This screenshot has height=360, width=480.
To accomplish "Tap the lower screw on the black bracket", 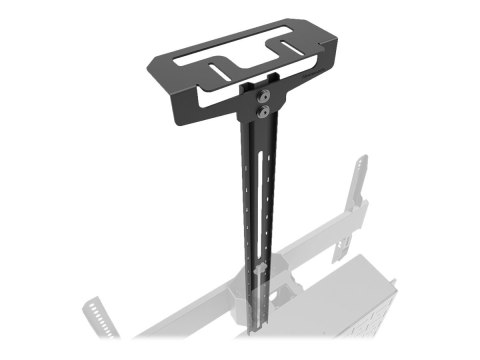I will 263,114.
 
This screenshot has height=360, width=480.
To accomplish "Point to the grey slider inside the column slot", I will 258,272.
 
